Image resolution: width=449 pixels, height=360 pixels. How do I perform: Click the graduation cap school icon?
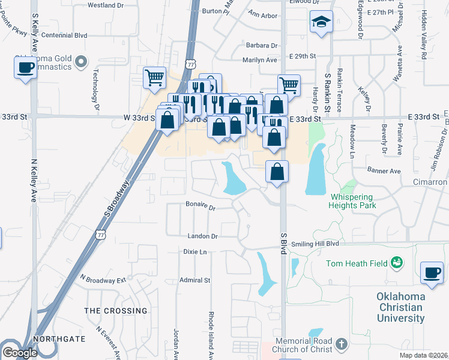pyautogui.click(x=321, y=22)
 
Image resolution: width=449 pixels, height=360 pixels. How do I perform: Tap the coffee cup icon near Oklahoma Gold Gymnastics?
pyautogui.click(x=25, y=67)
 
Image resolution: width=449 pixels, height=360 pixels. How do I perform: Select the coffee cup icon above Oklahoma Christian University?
pyautogui.click(x=432, y=273)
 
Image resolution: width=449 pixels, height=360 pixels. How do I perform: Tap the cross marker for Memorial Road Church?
pyautogui.click(x=342, y=344)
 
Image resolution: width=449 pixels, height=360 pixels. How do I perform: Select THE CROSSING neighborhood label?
pyautogui.click(x=116, y=311)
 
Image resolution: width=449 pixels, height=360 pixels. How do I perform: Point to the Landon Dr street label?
pyautogui.click(x=202, y=236)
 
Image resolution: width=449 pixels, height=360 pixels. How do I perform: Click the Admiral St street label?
pyautogui.click(x=194, y=280)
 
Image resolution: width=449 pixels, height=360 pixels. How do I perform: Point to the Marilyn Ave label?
pyautogui.click(x=259, y=60)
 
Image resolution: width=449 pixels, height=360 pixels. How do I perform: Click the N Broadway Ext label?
pyautogui.click(x=103, y=280)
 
